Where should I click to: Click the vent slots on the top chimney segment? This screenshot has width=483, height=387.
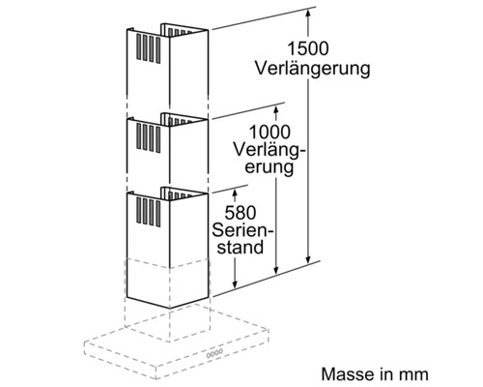pos(151,45)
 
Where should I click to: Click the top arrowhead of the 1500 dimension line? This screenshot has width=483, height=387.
pos(309,13)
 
